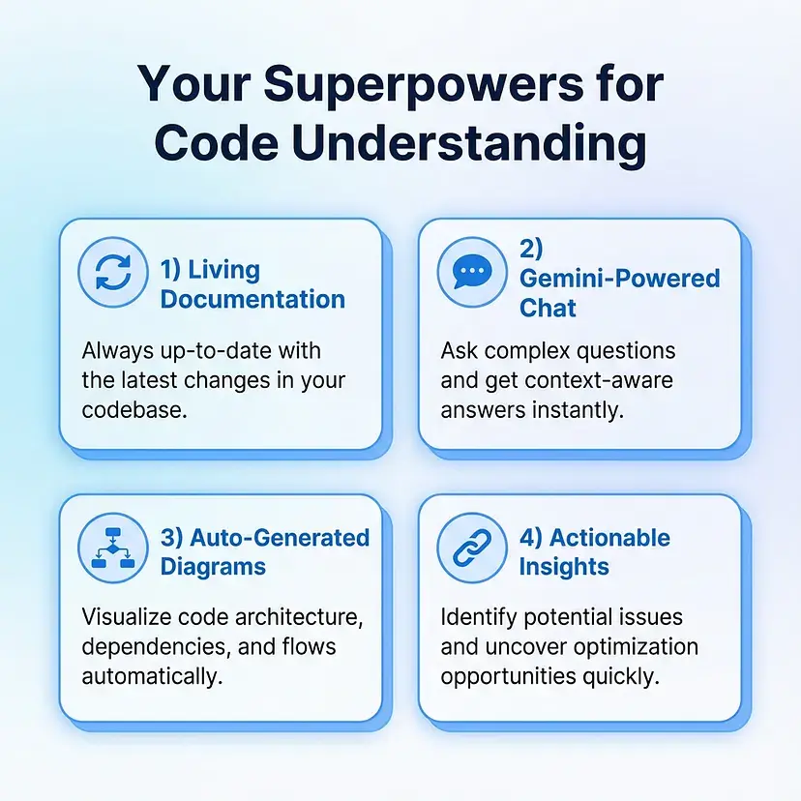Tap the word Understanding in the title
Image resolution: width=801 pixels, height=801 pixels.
[x=470, y=144]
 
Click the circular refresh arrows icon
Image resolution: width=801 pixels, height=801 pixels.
[x=113, y=272]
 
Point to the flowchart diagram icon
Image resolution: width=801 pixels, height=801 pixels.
[x=113, y=548]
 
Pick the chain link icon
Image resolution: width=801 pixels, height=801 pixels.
[x=472, y=548]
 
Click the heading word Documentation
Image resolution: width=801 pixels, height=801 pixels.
[x=252, y=299]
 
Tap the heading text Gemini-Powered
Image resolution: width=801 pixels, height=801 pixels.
[x=620, y=279]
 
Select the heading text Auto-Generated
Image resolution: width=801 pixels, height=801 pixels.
[x=280, y=538]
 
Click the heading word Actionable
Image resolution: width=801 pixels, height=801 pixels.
[x=609, y=538]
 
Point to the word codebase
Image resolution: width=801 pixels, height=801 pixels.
[x=134, y=410]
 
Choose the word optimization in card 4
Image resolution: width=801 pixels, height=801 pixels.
[x=636, y=647]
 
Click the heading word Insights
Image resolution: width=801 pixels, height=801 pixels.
[x=564, y=567]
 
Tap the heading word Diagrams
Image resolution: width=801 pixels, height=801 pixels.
[x=213, y=567]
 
